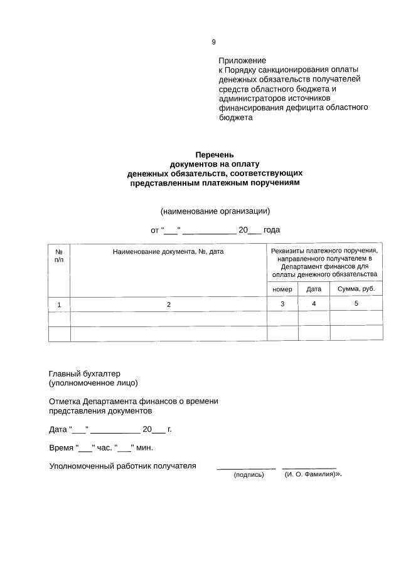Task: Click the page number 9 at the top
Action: (213, 42)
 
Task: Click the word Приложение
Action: (242, 60)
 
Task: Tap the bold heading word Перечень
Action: (215, 154)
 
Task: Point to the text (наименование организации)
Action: (215, 211)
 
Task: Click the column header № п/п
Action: (59, 255)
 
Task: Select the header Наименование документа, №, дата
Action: (168, 251)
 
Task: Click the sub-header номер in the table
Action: (282, 289)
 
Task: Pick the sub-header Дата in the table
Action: (314, 289)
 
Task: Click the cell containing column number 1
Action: (59, 304)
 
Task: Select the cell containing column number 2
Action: (168, 304)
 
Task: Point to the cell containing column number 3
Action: (282, 304)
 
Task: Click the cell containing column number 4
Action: (314, 304)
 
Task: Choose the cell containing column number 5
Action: (356, 303)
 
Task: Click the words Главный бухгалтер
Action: (84, 373)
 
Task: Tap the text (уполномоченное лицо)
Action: (94, 383)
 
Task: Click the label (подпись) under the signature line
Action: (249, 475)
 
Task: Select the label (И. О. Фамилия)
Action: (309, 474)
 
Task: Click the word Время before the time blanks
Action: (61, 448)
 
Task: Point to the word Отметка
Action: (66, 401)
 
